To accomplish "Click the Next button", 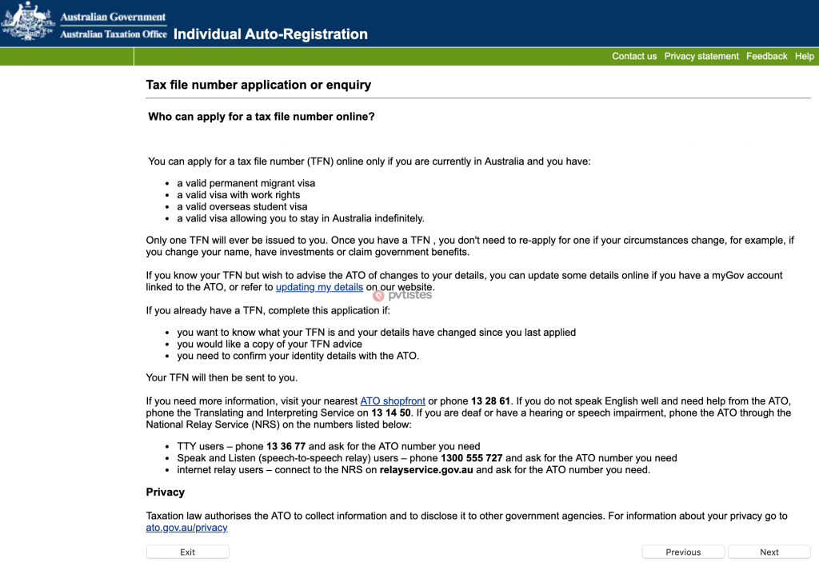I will (x=769, y=552).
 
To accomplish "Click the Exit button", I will (x=187, y=552).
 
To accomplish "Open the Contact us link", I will (x=634, y=56).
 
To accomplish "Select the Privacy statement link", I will (x=701, y=56).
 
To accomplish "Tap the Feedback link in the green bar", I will (x=767, y=56).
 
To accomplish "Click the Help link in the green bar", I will (x=805, y=56).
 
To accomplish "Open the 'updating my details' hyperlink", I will (x=319, y=287).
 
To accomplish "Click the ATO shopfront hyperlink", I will (x=393, y=401).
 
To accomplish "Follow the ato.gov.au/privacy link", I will (x=186, y=528).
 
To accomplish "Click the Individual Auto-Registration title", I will (x=270, y=34).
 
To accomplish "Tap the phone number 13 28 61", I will (x=490, y=401).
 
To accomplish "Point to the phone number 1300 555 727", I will (x=472, y=458).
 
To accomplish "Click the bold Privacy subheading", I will (x=165, y=492).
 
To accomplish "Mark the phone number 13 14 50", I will (x=391, y=413).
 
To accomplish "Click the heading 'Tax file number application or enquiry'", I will (x=258, y=85).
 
